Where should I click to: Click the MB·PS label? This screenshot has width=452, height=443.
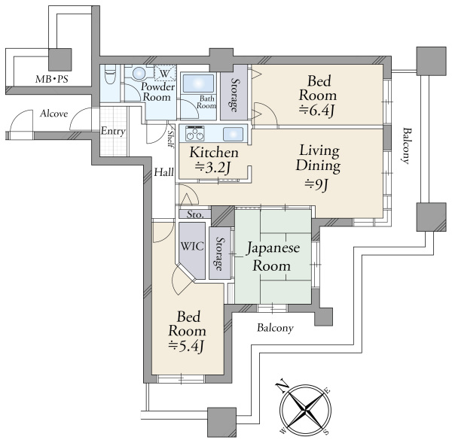coord(51,78)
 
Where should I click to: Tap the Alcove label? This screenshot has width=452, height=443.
coord(54,114)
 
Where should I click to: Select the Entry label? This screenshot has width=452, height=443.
coord(113,132)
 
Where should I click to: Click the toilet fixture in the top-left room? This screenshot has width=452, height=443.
coord(110,74)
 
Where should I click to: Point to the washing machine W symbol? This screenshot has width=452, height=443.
coord(164,73)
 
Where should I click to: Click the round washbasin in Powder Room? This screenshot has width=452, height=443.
coord(139,73)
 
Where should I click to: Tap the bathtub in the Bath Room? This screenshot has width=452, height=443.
coord(199,83)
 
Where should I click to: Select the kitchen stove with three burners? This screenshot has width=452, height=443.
coord(195,134)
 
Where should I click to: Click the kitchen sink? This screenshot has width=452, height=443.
coord(233,134)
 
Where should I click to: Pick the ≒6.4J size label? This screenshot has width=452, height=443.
coord(316,111)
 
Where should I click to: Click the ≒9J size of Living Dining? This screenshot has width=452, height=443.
coord(316,184)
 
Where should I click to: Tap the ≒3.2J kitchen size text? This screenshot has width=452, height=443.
coord(212,167)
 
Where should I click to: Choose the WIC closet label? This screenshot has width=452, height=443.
coord(192,246)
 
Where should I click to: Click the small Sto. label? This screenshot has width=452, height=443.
coord(195,214)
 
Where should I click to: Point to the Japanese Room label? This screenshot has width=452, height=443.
coord(273,257)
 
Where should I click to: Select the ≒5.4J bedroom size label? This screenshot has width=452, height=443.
coord(186,346)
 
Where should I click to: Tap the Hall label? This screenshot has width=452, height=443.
coord(163,172)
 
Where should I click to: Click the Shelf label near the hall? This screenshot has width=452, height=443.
coord(171,138)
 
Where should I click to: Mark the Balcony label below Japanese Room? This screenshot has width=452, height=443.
coord(275,328)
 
